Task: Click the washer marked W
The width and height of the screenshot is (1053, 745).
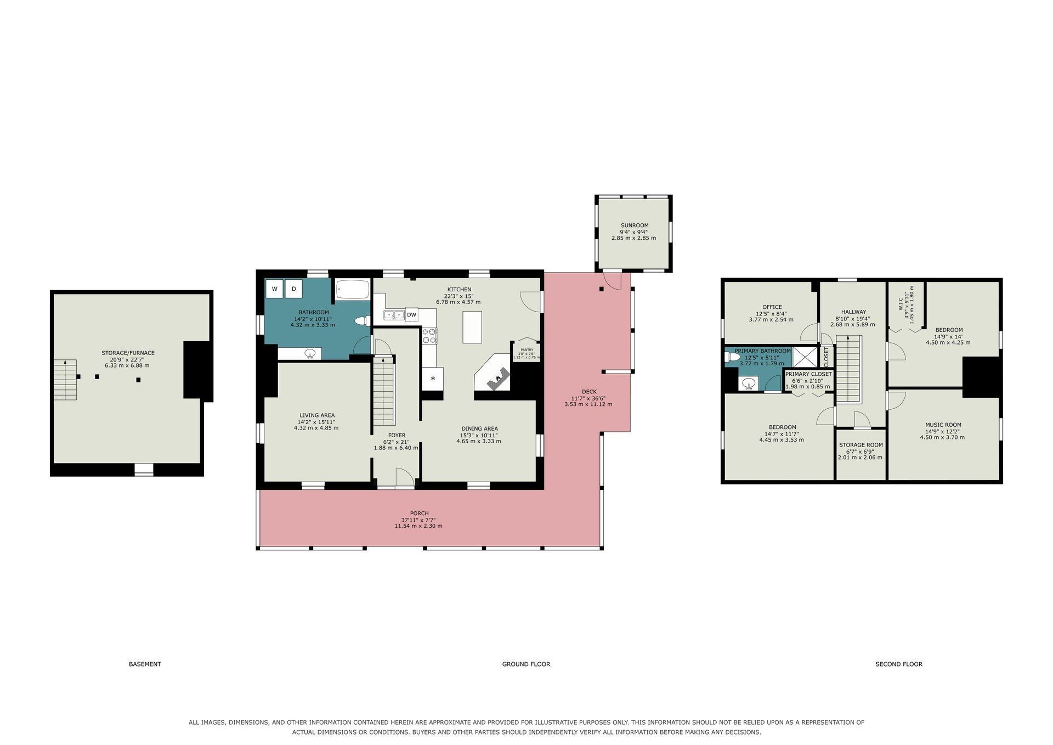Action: pos(274,289)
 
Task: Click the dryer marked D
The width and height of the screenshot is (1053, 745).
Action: pos(293,289)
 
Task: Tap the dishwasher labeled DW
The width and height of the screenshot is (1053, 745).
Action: pos(411,314)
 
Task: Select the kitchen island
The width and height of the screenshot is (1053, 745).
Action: pos(472,327)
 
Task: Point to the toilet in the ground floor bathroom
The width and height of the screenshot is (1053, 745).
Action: pos(362,321)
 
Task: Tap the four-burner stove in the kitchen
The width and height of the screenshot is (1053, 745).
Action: pos(429,336)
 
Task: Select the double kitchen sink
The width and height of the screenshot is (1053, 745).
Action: pos(394,315)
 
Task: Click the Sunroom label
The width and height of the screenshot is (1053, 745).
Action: pos(635,225)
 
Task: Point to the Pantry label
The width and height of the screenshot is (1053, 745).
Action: pos(526,349)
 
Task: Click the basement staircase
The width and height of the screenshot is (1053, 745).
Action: pos(65,380)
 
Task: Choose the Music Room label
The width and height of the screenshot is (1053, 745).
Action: pos(943,425)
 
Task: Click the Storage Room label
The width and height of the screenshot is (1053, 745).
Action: pos(860,445)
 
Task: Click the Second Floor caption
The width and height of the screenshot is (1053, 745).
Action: pos(899,664)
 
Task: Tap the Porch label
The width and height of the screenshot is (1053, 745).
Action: pos(419,513)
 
